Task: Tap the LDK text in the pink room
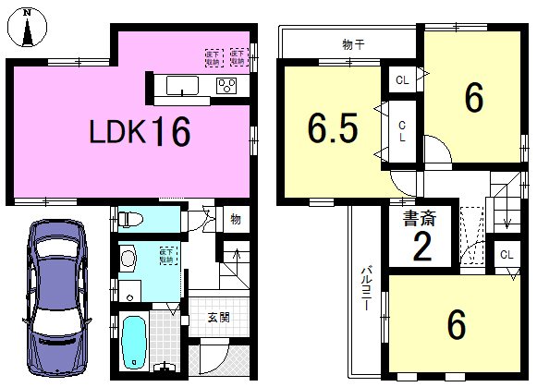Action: tap(117, 132)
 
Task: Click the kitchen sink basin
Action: tap(182, 87)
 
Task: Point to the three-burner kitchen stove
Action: tap(226, 86)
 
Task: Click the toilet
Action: tap(129, 219)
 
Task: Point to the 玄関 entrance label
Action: tap(218, 318)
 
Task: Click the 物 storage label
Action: tap(236, 220)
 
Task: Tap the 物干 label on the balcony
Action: tap(351, 43)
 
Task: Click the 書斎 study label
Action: tap(421, 219)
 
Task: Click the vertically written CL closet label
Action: tap(403, 131)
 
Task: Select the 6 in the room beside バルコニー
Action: tap(456, 324)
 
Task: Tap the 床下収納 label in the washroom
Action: tap(167, 255)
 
